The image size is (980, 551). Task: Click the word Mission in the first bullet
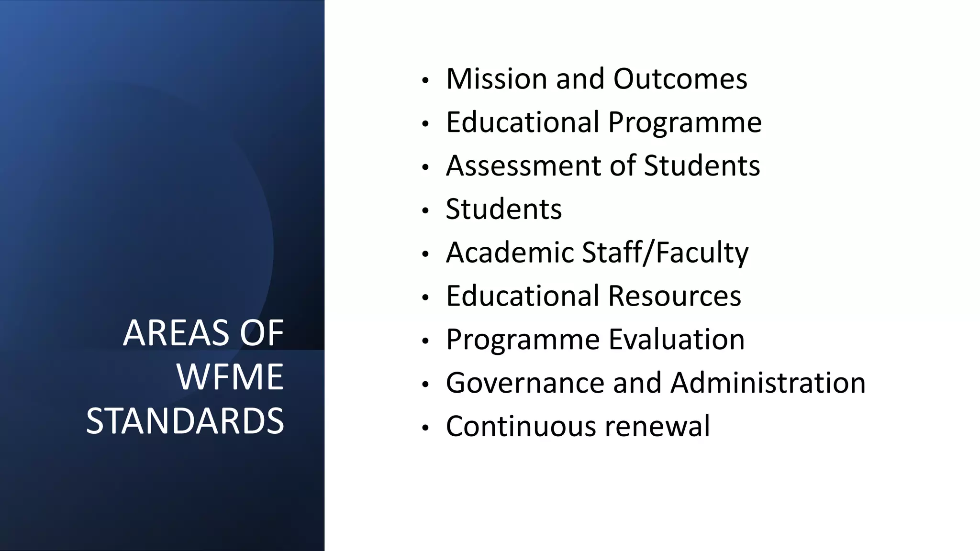[496, 78]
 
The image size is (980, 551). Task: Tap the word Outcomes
[680, 78]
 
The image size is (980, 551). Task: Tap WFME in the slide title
[230, 377]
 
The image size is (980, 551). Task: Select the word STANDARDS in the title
[185, 421]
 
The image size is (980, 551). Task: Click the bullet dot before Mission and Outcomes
[425, 81]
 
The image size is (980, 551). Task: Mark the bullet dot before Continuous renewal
[425, 429]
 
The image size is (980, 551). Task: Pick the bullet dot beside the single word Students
[425, 211]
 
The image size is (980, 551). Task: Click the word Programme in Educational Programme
[685, 122]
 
